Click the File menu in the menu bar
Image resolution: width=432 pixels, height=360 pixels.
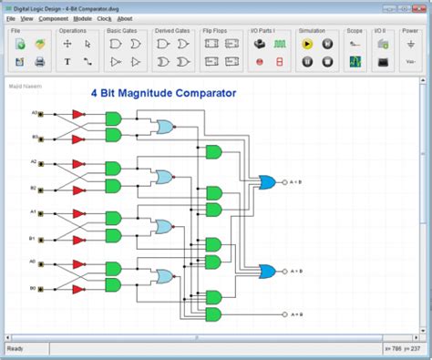click(11, 18)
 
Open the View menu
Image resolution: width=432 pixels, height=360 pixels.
click(26, 18)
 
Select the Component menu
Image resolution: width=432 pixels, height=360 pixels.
click(53, 18)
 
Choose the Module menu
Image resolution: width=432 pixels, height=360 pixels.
click(83, 18)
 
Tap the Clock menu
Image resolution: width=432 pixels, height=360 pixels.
click(104, 18)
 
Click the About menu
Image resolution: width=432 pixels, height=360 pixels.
click(124, 18)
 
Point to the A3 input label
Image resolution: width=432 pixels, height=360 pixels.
click(35, 113)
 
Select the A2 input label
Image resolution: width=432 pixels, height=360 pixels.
click(35, 161)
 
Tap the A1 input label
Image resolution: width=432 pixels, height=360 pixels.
click(35, 211)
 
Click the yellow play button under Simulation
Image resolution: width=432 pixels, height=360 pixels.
click(307, 44)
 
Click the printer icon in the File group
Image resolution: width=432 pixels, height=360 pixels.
click(39, 62)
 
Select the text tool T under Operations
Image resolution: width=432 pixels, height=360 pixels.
click(67, 62)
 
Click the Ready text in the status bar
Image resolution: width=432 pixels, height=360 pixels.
click(15, 348)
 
